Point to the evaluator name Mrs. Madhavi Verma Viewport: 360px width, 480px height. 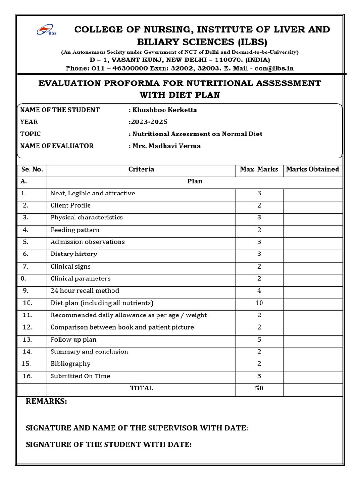(x=166, y=146)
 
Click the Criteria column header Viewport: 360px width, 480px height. (x=141, y=169)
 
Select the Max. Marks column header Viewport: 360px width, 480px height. (x=259, y=169)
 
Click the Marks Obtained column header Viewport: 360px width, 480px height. (x=312, y=169)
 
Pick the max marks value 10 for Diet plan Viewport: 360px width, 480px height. (x=259, y=303)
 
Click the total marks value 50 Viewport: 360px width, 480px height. (x=259, y=388)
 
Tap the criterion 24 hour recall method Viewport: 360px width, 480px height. (x=85, y=291)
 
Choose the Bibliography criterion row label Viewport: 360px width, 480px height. (x=70, y=364)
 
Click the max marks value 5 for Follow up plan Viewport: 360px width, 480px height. (x=259, y=339)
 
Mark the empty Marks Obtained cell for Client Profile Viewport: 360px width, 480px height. (x=312, y=205)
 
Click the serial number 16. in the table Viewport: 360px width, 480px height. (x=27, y=376)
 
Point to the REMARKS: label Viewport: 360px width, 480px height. (x=46, y=401)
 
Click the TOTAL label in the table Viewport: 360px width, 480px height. (x=141, y=388)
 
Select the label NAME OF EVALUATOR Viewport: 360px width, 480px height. (x=57, y=146)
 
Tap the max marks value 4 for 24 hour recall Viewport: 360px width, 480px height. (x=259, y=291)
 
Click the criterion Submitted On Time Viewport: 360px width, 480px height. (x=80, y=376)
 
